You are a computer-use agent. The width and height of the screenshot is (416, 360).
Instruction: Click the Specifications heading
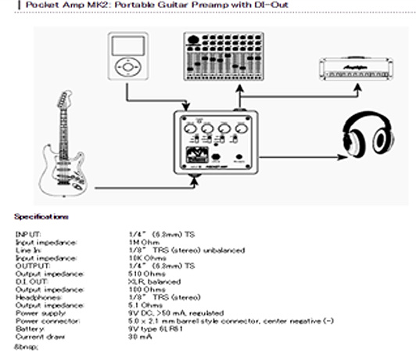click(41, 216)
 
